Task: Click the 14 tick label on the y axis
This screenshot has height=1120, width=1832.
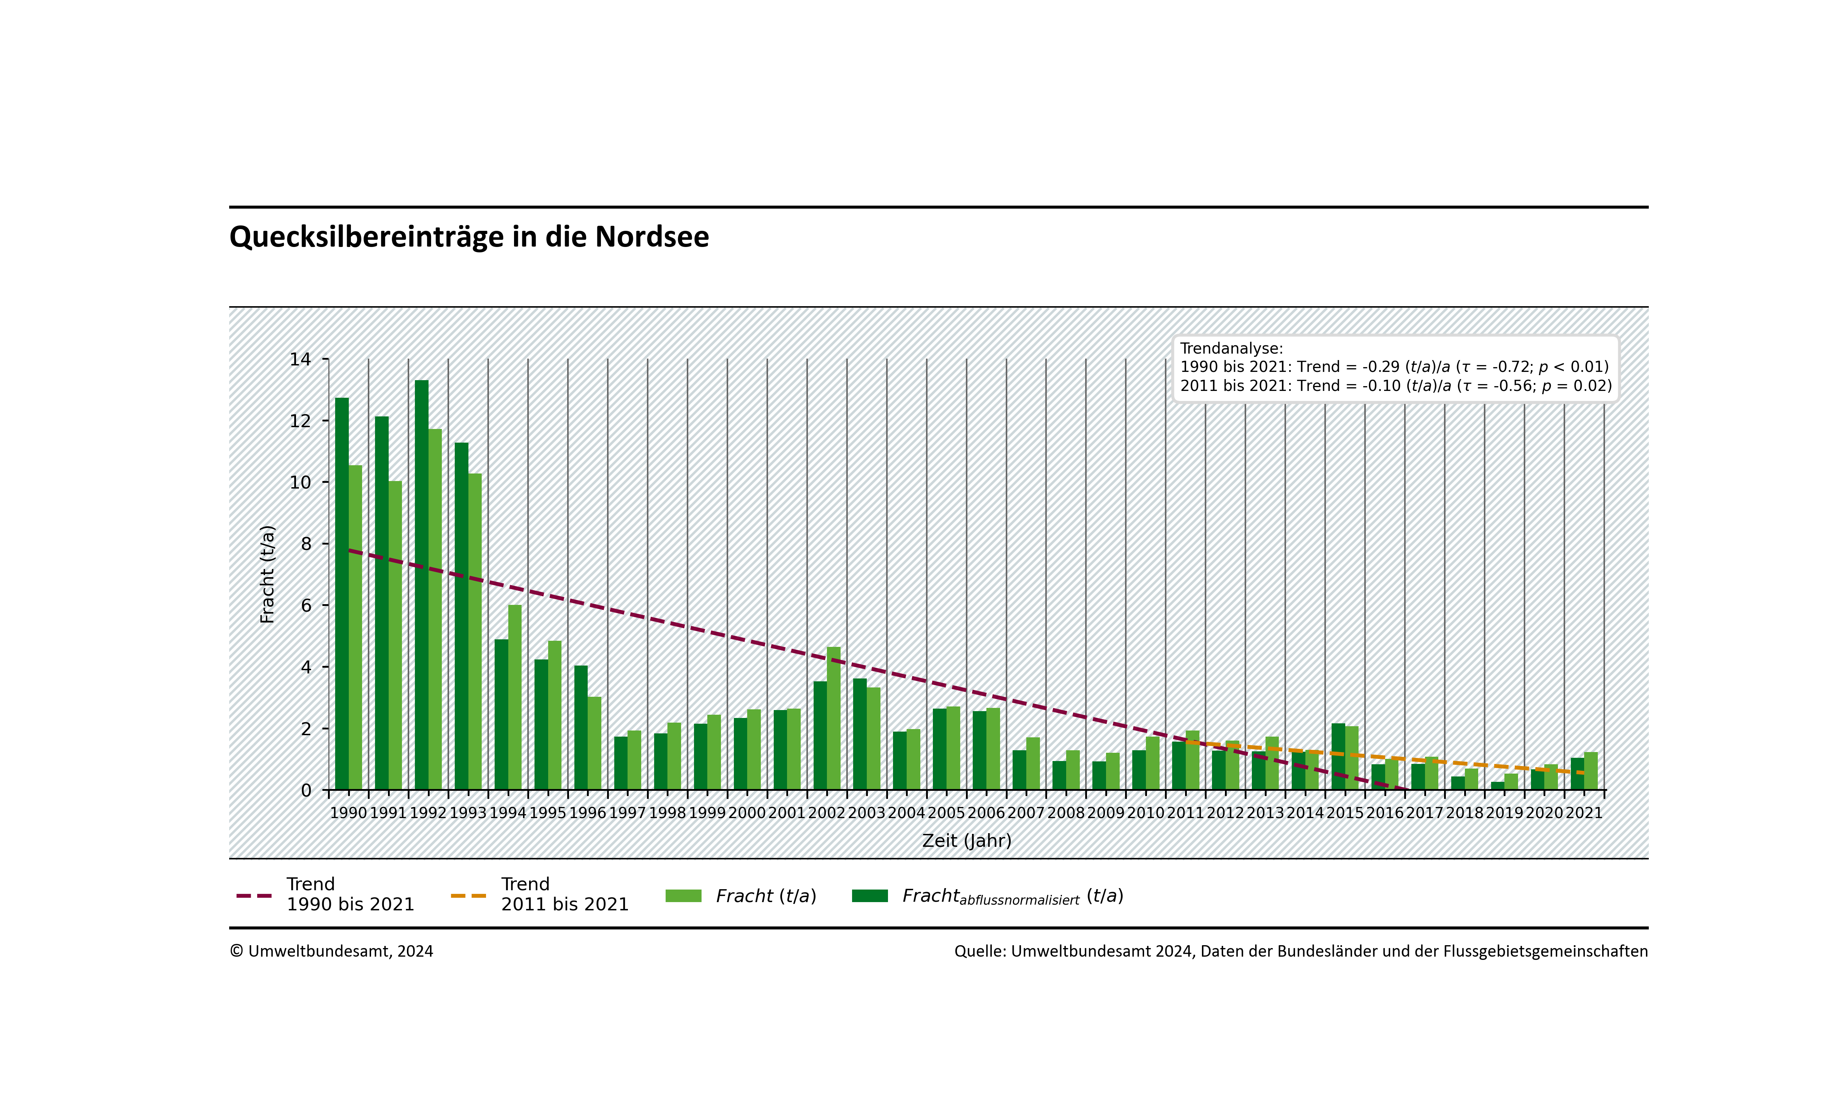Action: pyautogui.click(x=300, y=360)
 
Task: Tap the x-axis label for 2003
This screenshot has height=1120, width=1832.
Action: pyautogui.click(x=866, y=813)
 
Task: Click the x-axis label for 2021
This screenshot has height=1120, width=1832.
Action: pyautogui.click(x=1584, y=813)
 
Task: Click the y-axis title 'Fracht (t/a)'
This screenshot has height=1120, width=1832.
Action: pyautogui.click(x=268, y=574)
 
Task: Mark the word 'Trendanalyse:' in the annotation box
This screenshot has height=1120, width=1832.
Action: pyautogui.click(x=1231, y=349)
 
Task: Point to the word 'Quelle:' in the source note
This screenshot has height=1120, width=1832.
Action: pyautogui.click(x=980, y=951)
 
